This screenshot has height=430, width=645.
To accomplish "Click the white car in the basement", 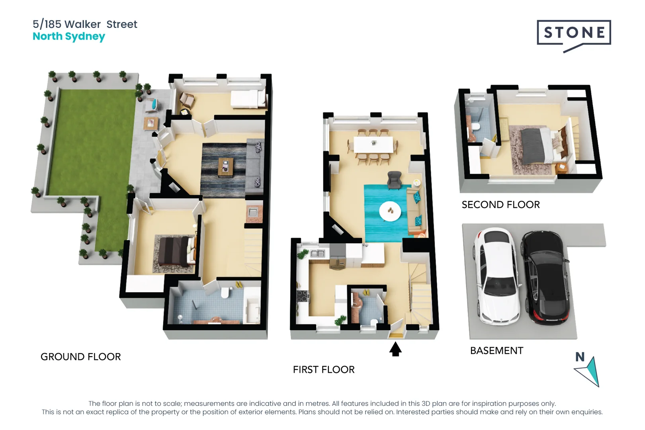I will click(497, 277).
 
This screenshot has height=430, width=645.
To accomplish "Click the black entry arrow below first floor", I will click(395, 350).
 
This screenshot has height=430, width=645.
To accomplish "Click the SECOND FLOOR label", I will click(500, 205).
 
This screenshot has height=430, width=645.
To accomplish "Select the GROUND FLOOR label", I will click(81, 357).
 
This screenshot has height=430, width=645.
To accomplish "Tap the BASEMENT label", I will click(496, 351).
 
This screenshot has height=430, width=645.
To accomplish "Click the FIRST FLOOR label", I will click(324, 370).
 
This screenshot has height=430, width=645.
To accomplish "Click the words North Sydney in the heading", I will click(69, 37).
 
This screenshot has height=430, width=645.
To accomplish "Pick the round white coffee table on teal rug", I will click(390, 211).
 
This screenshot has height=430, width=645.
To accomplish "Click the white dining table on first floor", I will click(373, 145).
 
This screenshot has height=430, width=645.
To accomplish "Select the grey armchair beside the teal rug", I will click(394, 180).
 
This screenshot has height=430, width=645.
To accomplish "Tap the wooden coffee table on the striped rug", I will click(226, 167).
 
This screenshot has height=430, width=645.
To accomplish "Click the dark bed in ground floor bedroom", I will click(174, 251).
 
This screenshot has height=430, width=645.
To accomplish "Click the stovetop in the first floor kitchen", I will click(303, 296).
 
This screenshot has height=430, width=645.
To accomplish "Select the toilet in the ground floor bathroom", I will click(225, 293).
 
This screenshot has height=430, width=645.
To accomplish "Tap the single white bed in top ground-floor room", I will click(248, 99).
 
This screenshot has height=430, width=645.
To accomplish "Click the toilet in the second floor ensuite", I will click(475, 127).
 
